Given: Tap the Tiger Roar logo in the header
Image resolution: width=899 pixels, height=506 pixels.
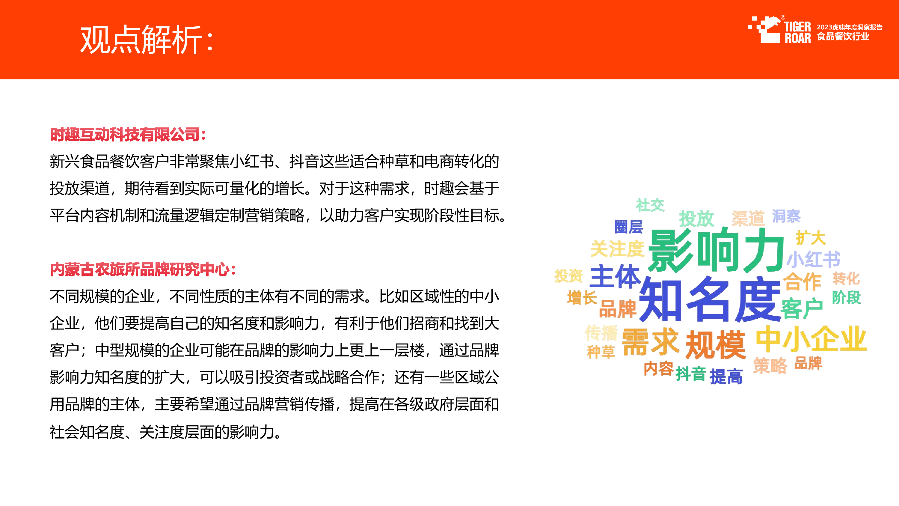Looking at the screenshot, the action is point(779,30).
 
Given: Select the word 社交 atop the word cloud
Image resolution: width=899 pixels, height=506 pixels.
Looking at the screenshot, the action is point(650,205).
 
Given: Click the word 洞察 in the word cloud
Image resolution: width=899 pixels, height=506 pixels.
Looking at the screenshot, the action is point(786,216).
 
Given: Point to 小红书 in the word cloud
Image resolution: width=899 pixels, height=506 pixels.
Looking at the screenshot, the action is point(814,259).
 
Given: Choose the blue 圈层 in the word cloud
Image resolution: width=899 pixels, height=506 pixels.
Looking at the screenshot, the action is point(628,227).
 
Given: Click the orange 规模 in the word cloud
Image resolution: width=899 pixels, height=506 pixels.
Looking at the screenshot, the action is point(715,345).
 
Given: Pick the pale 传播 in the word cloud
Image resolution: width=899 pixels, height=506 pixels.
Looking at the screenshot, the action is point(601,332).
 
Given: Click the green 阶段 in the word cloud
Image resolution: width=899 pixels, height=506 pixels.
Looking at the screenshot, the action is point(846,298).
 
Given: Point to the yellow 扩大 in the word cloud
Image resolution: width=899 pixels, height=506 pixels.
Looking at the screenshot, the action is point(811,238).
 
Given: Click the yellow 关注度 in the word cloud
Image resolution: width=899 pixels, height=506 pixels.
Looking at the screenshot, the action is point(617,249).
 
